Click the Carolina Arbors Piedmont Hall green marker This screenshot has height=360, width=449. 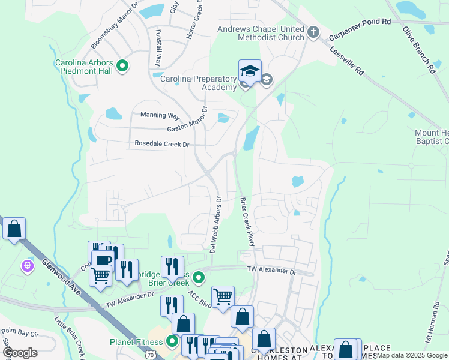[x=123, y=66]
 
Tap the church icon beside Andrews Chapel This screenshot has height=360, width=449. [x=313, y=32]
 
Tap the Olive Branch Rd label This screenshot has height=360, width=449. [x=418, y=50]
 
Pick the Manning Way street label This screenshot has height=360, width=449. [x=160, y=115]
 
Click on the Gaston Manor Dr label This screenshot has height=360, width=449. [x=178, y=127]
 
